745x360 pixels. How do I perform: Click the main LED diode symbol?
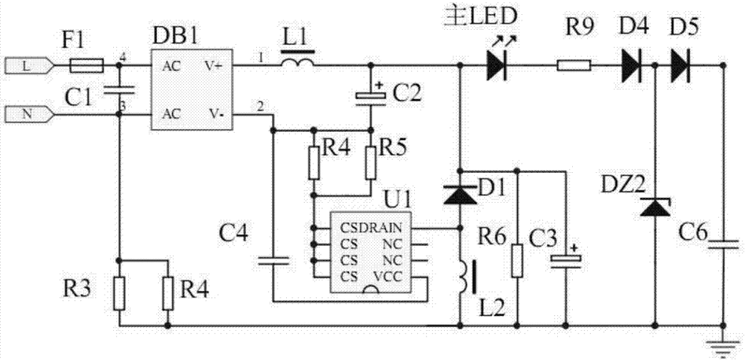[496, 67]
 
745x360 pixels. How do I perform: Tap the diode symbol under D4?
[633, 67]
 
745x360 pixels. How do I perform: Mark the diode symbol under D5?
[681, 67]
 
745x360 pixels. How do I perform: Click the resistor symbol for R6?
[517, 259]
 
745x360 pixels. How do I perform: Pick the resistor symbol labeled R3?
[119, 292]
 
